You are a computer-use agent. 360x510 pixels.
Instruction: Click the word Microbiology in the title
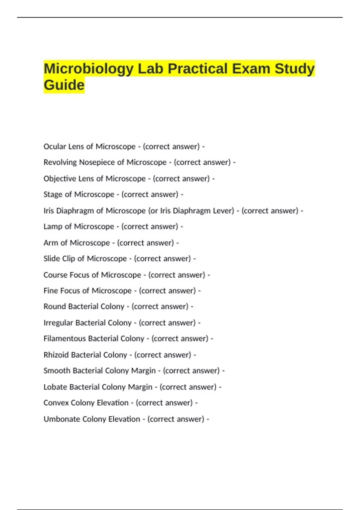[88, 69]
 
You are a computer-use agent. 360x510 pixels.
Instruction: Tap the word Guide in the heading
[64, 85]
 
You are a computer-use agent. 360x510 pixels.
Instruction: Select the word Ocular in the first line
[55, 146]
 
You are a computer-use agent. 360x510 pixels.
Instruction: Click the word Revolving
[60, 162]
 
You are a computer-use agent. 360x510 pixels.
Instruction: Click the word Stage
[53, 194]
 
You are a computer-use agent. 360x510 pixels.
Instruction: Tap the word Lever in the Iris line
[223, 211]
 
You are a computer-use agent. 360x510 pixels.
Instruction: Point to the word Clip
[69, 259]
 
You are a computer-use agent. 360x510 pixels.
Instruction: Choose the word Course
[55, 275]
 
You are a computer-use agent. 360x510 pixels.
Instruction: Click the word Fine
[50, 291]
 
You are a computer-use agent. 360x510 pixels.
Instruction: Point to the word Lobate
[55, 387]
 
